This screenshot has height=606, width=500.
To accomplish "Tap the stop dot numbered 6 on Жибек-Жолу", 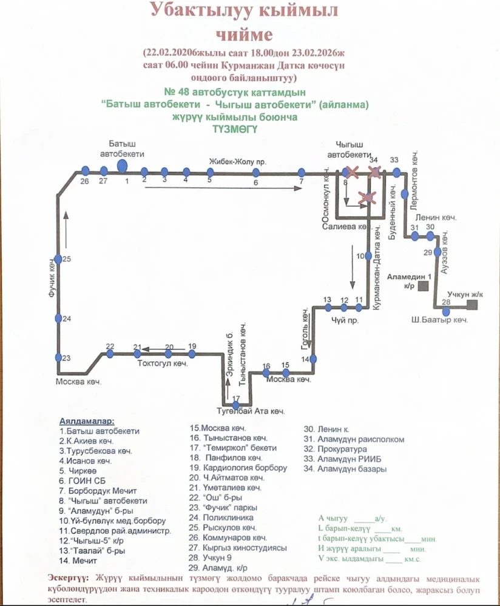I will point(255,172).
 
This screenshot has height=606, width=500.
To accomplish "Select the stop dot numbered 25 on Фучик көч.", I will point(58,259).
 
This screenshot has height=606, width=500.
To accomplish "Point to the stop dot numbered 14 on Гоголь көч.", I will point(314,359).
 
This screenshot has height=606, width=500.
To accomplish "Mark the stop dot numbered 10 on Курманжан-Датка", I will point(368,256).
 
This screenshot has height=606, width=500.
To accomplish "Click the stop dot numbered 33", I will point(396,172).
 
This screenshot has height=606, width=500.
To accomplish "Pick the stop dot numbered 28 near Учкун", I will point(447,308).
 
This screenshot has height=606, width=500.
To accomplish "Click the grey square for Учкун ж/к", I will point(471,305).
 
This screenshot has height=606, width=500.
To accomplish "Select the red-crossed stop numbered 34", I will point(374,173).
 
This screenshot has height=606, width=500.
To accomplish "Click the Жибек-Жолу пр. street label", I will point(238,161).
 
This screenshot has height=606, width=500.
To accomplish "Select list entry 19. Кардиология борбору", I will point(238,468).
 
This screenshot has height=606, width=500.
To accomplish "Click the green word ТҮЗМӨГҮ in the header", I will point(235,128).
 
